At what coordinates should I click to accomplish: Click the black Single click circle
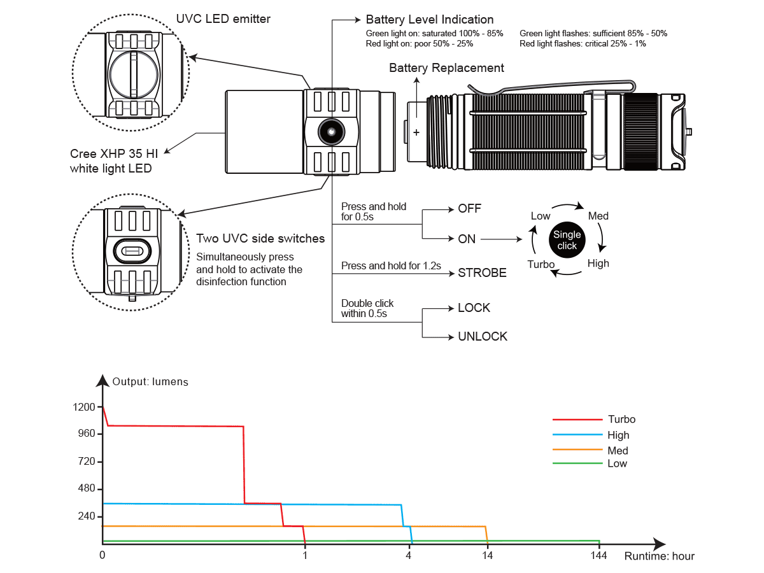pos(567,240)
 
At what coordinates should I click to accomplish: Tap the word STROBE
pos(482,273)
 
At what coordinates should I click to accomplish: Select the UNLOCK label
pos(483,337)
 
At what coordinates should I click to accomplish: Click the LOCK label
pos(474,308)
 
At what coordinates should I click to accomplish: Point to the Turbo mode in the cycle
pos(541,264)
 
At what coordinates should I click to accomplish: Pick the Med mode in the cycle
pos(598,216)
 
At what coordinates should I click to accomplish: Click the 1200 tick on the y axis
pos(84,407)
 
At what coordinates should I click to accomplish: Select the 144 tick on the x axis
pos(598,555)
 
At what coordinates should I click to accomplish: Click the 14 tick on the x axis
pos(487,555)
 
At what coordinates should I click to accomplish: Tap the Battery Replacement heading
pos(446,68)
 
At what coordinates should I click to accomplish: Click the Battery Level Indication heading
pos(429,20)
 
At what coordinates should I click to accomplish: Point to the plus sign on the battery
pos(416,132)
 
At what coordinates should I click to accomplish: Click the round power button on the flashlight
pos(330,131)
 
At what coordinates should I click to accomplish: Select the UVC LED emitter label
pos(223,19)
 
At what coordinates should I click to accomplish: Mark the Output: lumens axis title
pos(150,382)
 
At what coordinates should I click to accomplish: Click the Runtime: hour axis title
pos(659,556)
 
